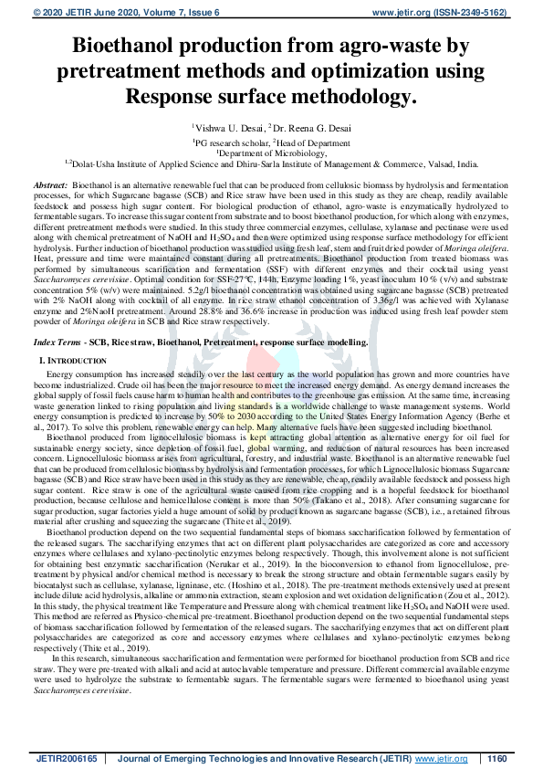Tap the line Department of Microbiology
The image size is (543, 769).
coord(272,153)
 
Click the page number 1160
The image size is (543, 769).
coord(496,757)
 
